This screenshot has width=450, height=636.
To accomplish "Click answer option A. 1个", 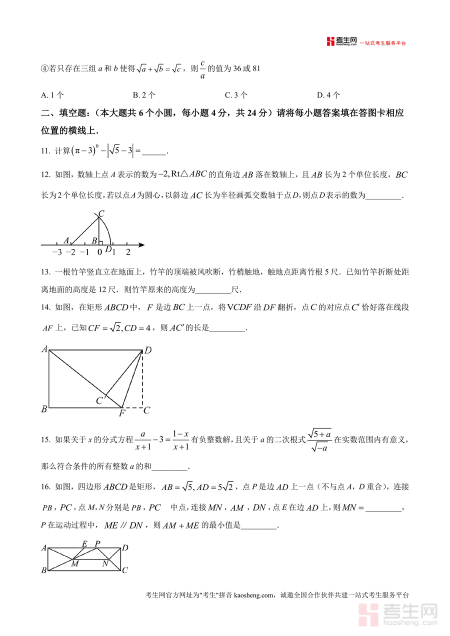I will click(52, 95).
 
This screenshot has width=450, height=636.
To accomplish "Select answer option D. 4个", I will click(328, 95).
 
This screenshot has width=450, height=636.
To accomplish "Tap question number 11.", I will click(45, 151).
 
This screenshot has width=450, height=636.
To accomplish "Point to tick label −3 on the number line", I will click(56, 252).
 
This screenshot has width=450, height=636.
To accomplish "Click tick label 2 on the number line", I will click(128, 252).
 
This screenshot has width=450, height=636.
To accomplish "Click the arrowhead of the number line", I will click(142, 245).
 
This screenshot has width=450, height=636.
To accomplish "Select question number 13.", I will click(45, 272).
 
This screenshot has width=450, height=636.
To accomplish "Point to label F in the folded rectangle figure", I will click(121, 413).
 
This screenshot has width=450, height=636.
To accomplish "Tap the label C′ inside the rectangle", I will click(100, 401).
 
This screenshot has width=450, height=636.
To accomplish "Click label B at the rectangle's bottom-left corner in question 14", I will click(44, 409).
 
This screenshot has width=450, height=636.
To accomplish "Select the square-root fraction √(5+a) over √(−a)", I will click(320, 440).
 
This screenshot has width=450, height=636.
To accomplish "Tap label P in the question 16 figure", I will click(97, 543).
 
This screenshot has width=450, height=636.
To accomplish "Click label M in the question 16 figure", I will click(74, 564).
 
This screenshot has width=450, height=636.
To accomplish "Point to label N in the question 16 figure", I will click(105, 564).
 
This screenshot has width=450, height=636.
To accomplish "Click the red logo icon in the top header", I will click(330, 42).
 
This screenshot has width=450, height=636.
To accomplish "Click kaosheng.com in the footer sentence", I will click(254, 595).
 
